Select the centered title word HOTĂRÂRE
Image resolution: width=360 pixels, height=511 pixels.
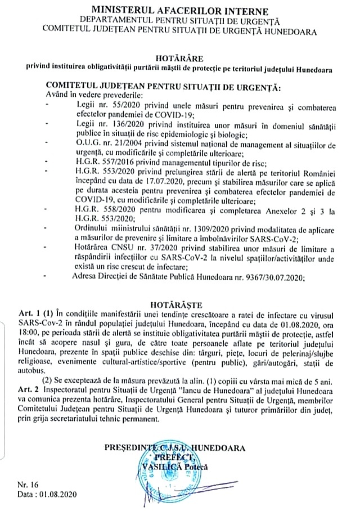(x=179, y=57)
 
